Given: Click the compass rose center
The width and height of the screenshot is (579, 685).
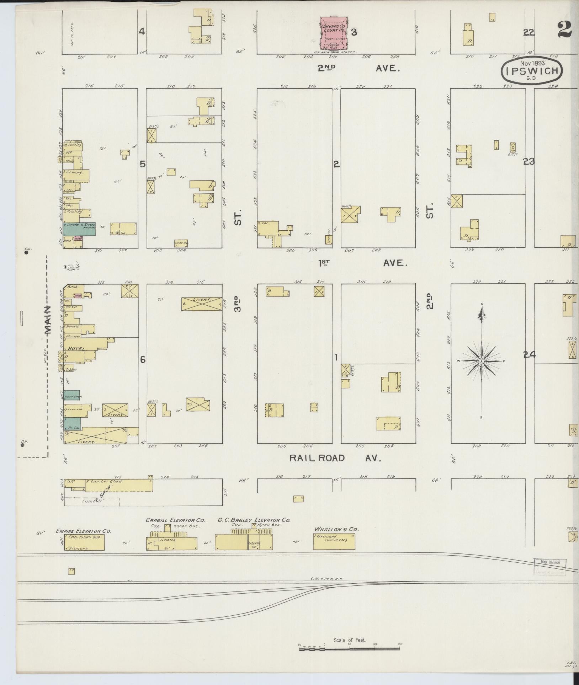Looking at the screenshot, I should [x=481, y=361].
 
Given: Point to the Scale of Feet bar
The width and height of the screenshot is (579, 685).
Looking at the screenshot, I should [x=351, y=649].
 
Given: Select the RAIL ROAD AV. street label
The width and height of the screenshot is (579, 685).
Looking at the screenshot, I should [x=335, y=458].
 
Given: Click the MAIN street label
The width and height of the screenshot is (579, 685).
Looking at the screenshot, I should [x=47, y=320].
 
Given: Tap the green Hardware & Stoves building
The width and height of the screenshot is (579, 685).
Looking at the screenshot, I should [x=79, y=229].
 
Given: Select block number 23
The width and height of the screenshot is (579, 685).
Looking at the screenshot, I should [x=528, y=162].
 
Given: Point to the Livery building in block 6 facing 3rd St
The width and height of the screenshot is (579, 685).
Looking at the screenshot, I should [x=201, y=304].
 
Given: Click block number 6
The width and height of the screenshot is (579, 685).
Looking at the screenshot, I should [x=143, y=360].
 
